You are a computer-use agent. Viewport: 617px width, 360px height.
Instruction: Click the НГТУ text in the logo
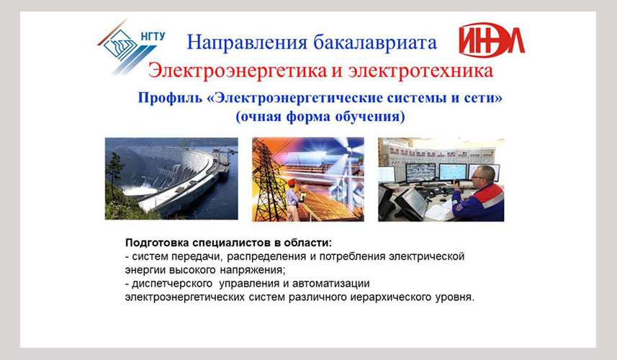click(153, 36)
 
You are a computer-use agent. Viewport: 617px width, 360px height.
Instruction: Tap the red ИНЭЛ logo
click(492, 40)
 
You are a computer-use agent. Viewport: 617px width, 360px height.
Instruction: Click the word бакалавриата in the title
click(374, 42)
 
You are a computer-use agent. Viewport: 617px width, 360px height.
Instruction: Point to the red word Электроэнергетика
click(238, 71)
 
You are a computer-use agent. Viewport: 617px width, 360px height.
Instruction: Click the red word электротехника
click(420, 71)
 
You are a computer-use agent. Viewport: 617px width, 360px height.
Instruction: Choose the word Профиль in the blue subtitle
click(170, 98)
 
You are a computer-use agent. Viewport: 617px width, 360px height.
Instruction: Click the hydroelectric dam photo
click(171, 179)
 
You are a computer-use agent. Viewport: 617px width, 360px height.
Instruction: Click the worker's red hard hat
click(291, 183)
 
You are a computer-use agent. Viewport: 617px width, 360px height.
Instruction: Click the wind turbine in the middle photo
click(348, 166)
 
